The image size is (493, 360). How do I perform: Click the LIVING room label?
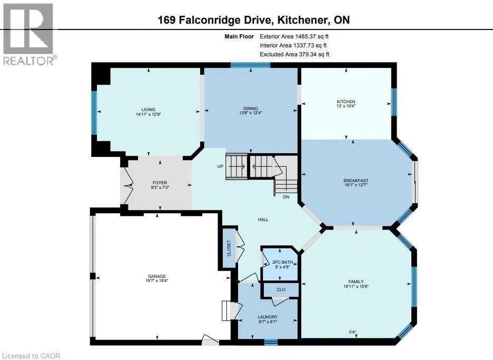tap(148, 109)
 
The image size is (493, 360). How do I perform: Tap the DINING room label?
tap(250, 108)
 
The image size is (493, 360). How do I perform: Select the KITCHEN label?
tap(346, 102)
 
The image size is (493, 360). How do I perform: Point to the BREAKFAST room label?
tap(356, 181)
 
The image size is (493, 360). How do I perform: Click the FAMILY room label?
tap(356, 282)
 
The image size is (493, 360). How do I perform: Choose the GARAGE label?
tap(156, 277)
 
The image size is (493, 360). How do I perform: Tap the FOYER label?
tap(160, 183)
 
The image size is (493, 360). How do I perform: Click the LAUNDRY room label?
tap(268, 317)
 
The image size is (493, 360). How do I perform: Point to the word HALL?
tap(263, 219)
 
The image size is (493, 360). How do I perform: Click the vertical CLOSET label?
tap(229, 248)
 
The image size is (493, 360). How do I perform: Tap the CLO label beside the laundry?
tap(281, 289)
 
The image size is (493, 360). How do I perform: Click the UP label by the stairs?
tap(220, 166)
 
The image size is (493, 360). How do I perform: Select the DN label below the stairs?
tap(286, 197)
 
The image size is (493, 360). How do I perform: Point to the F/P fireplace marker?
tap(352, 332)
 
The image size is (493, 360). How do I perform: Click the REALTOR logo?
tap(29, 34)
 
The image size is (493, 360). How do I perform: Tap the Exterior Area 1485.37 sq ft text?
tap(294, 36)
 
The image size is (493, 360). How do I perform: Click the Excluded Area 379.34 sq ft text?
tap(294, 54)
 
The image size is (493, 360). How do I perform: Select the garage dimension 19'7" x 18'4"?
tap(156, 281)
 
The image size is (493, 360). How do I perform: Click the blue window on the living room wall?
tap(94, 113)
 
